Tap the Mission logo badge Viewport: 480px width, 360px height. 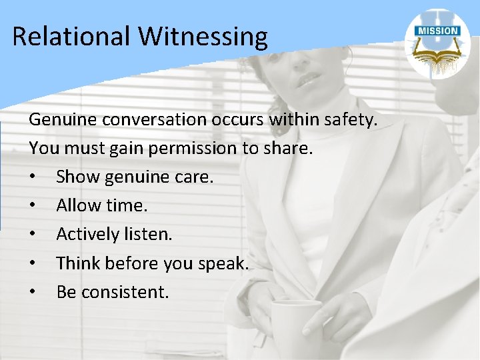tap(437, 44)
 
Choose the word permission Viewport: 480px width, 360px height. tap(194, 149)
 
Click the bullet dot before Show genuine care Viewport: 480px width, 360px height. tap(33, 177)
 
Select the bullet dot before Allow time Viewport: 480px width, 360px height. tap(33, 206)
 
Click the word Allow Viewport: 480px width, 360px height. tap(77, 205)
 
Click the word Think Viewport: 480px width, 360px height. tap(77, 263)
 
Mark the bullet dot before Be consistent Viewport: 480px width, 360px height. tap(33, 292)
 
